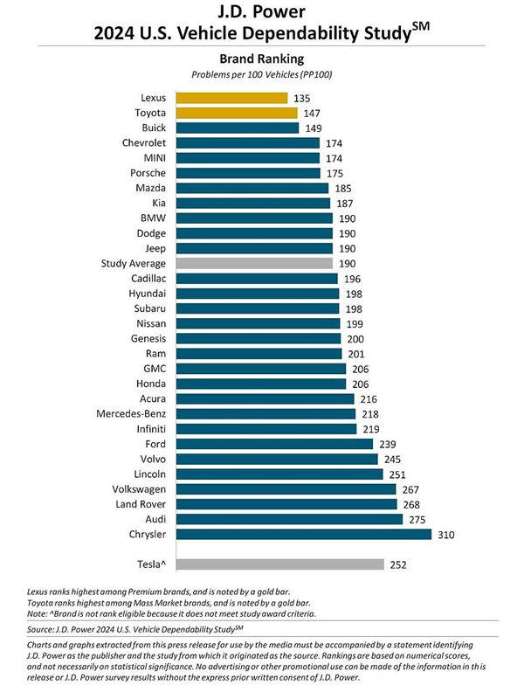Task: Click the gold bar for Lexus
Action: (231, 97)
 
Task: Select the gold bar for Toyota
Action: (237, 112)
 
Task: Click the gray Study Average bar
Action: (254, 262)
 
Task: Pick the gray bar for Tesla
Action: (279, 564)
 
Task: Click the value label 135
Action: (303, 97)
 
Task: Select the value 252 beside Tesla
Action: (399, 564)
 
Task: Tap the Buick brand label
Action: (153, 127)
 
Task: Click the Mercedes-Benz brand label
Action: (136, 413)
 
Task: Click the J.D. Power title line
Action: (262, 13)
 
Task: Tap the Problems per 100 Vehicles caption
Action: (262, 73)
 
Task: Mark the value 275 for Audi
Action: (419, 519)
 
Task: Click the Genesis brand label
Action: (148, 338)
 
